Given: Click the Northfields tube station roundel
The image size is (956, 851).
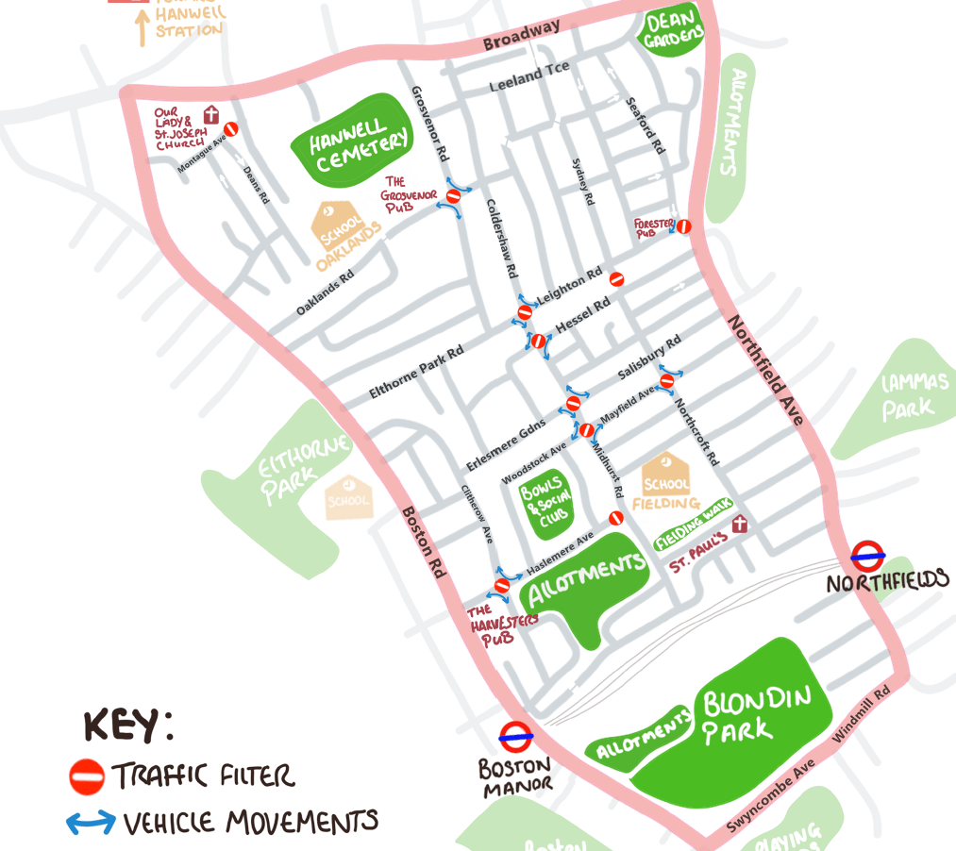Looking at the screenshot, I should point(866,555).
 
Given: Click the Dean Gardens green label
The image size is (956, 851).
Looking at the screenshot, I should point(674,28).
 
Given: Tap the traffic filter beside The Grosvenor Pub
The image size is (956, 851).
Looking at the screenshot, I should point(453,195).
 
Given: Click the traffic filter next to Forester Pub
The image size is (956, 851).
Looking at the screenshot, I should point(683,226).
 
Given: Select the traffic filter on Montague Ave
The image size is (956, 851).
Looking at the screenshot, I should point(229,129).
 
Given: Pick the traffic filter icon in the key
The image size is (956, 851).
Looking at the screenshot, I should point(87,776).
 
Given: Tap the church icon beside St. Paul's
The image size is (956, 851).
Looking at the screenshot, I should point(740,524).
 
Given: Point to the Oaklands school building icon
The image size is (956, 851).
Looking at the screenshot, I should point(337,222).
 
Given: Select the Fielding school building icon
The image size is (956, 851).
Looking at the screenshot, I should point(666,475).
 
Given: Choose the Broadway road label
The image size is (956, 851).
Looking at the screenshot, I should point(521,36).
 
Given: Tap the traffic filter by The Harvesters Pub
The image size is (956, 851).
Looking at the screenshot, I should point(502,586).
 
